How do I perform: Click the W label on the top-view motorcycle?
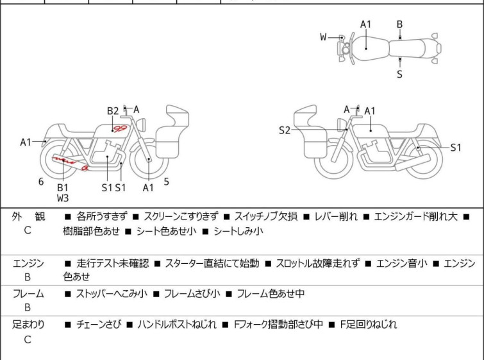pos(323,37)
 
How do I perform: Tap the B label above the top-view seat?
pos(399,24)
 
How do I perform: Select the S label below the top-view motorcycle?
pos(400,74)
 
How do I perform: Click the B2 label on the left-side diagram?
pos(113,111)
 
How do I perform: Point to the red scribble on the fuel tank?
pos(120,128)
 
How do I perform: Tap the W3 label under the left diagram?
pos(63,198)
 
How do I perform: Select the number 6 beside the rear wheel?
pos(41,182)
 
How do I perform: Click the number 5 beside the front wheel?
pos(167,182)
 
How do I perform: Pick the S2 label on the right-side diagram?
pos(285,130)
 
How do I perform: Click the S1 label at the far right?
pos(456,148)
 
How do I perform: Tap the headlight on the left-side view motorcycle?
pos(141,125)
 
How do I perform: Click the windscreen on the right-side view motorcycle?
pos(305,116)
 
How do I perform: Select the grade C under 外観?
pos(28,230)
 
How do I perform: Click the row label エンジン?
pos(28,264)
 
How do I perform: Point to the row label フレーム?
pos(28,294)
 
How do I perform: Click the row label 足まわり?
pos(28,325)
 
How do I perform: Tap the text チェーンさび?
pos(98,325)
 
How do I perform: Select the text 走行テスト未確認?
pos(113,264)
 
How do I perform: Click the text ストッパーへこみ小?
pos(112,293)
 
